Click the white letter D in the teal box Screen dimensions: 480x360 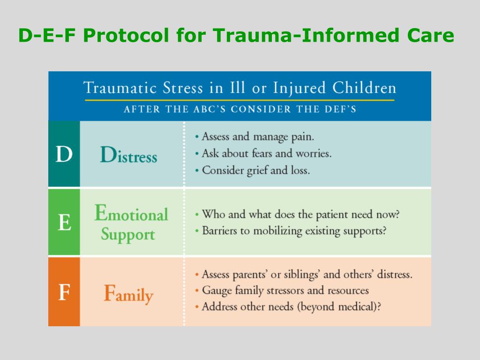[x=64, y=154]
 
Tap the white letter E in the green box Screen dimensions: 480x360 [x=64, y=222]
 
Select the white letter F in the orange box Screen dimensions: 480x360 [x=64, y=292]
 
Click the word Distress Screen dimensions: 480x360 [x=128, y=155]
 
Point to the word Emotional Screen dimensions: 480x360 [x=131, y=213]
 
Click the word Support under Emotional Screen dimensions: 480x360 [x=128, y=234]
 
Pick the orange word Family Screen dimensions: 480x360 [x=128, y=294]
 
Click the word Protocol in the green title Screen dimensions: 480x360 [x=126, y=35]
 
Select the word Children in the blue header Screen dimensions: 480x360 [x=364, y=88]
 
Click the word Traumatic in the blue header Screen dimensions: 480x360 [x=120, y=88]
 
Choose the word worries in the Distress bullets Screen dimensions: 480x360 [x=314, y=153]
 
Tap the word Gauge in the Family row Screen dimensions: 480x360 [x=217, y=291]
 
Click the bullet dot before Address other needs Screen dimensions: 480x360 [x=197, y=307]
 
